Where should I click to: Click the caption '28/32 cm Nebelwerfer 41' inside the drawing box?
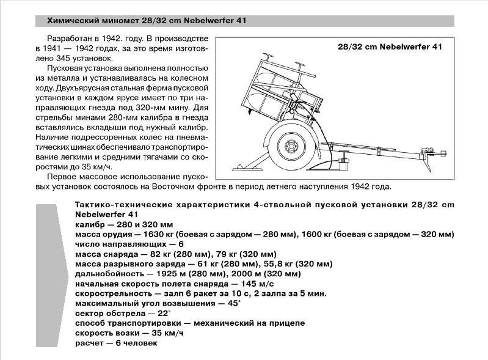point(390,46)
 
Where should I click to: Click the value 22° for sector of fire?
point(158,313)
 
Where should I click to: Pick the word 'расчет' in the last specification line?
point(89,343)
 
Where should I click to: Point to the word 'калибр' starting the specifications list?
point(89,225)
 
